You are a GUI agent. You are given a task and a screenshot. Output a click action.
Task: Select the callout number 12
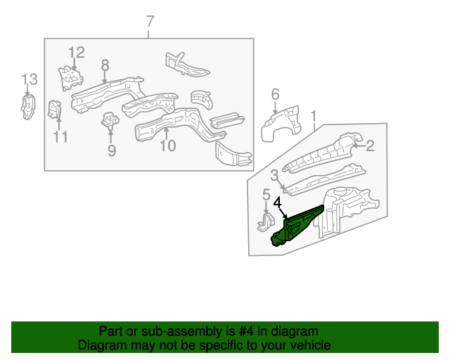pyautogui.click(x=76, y=52)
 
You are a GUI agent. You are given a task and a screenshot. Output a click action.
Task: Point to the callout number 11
pyautogui.click(x=60, y=137)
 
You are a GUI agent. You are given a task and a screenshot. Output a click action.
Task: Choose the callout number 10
pyautogui.click(x=167, y=146)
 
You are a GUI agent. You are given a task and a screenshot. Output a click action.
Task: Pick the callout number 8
pyautogui.click(x=105, y=65)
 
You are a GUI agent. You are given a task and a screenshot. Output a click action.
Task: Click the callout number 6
pyautogui.click(x=275, y=94)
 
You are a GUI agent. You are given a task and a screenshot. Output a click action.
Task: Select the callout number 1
pyautogui.click(x=314, y=115)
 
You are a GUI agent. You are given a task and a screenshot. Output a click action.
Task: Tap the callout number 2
pyautogui.click(x=370, y=146)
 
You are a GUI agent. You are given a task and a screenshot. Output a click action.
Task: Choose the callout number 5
pyautogui.click(x=266, y=195)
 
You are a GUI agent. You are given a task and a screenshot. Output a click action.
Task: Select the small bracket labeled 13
pyautogui.click(x=27, y=108)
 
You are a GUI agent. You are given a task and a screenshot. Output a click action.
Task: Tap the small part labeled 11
pyautogui.click(x=53, y=110)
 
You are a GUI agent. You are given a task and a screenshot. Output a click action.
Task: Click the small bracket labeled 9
pyautogui.click(x=110, y=121)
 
